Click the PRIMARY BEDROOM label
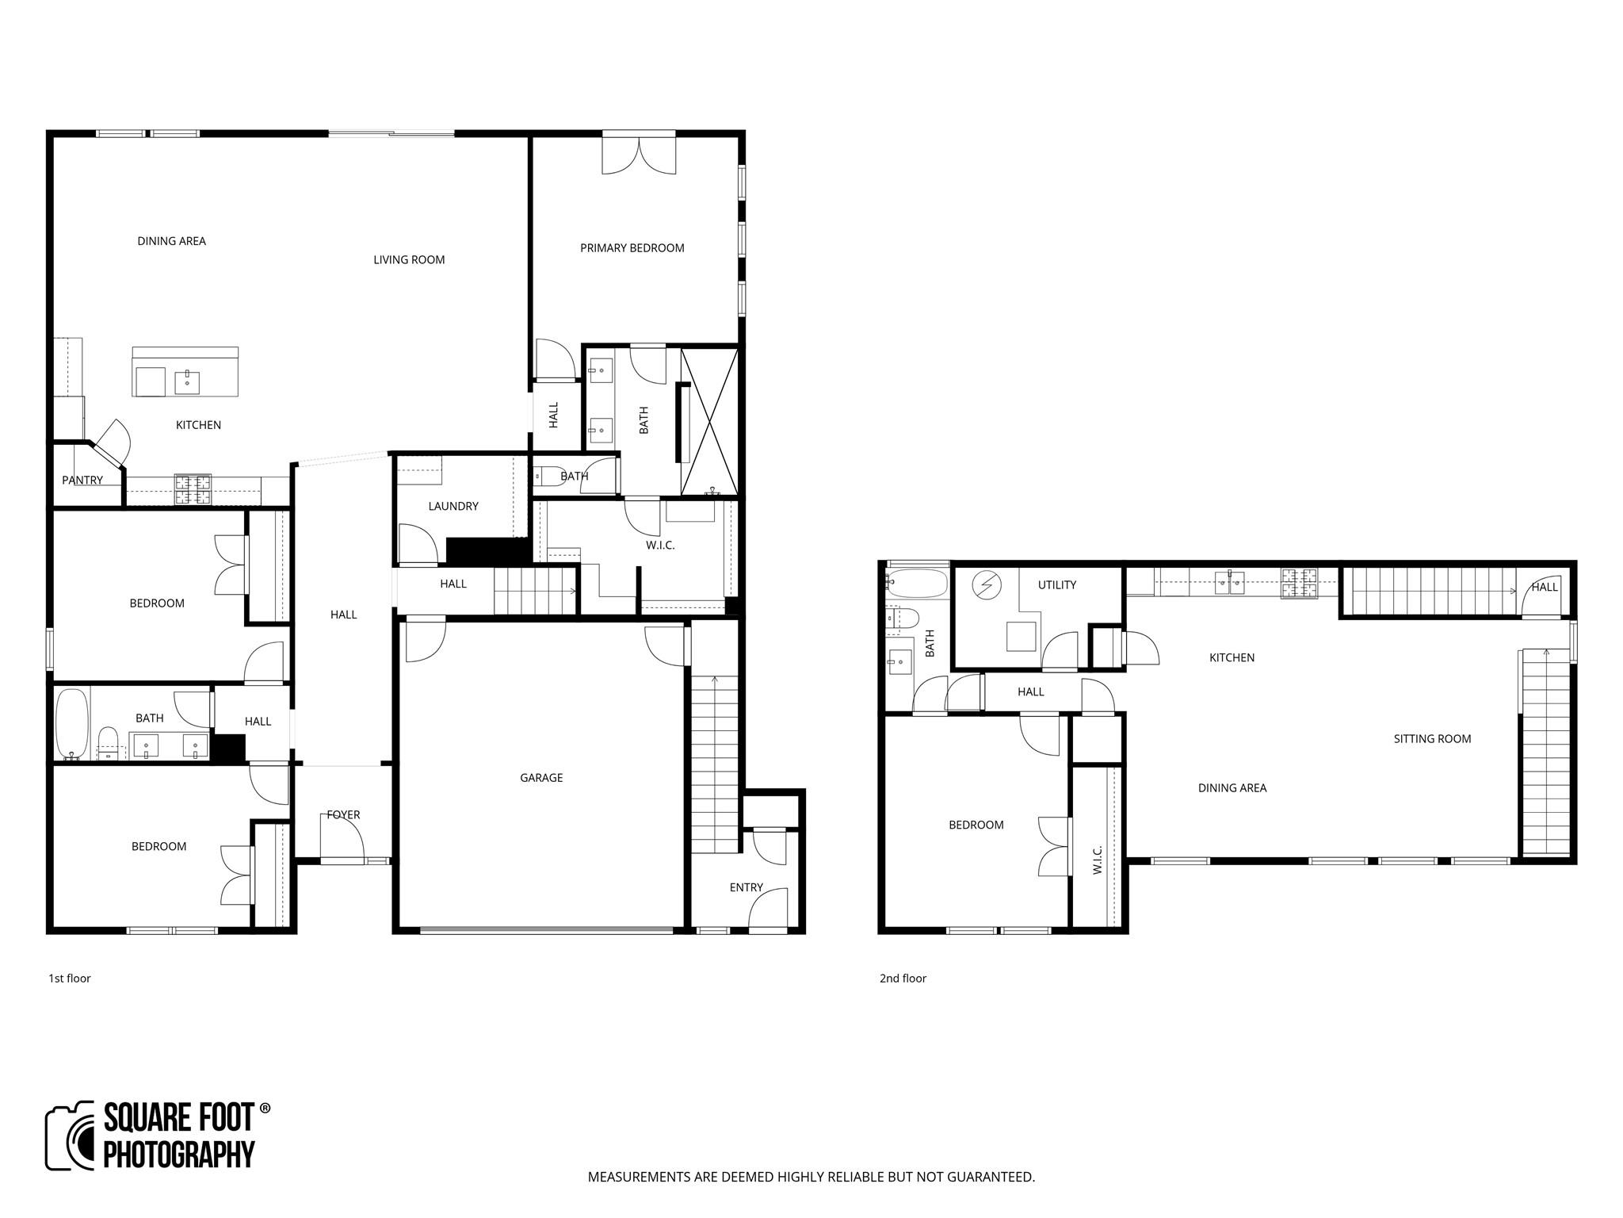pos(632,248)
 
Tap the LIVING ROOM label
pos(409,260)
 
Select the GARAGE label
pos(541,778)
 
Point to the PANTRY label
pos(82,481)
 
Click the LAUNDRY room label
pos(453,507)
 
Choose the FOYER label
pos(343,815)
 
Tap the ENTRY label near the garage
pos(746,887)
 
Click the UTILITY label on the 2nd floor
pos(1056,585)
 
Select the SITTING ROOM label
pos(1432,739)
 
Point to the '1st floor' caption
pos(70,979)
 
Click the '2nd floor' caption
pos(903,979)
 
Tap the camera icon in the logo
pos(71,1136)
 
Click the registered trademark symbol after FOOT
pos(265,1108)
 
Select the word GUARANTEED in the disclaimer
pos(983,1177)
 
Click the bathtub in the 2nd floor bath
pos(917,584)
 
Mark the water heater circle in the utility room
pos(987,586)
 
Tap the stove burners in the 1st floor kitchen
pos(193,489)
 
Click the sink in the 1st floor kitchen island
pos(187,382)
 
